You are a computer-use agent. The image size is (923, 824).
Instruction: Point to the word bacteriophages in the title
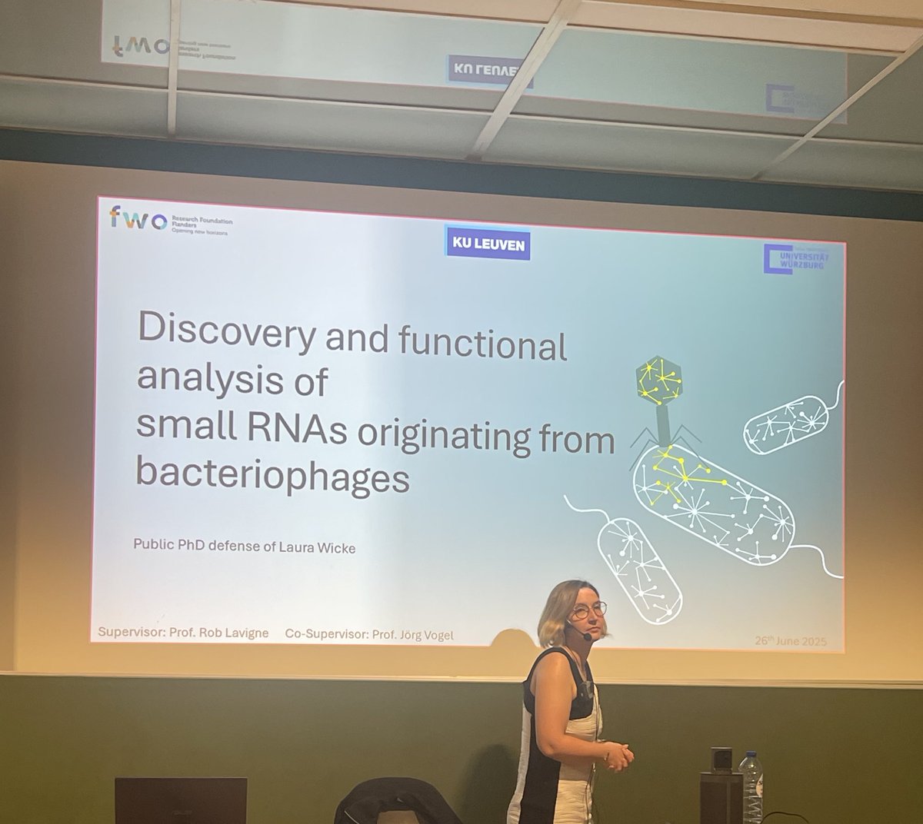272,477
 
